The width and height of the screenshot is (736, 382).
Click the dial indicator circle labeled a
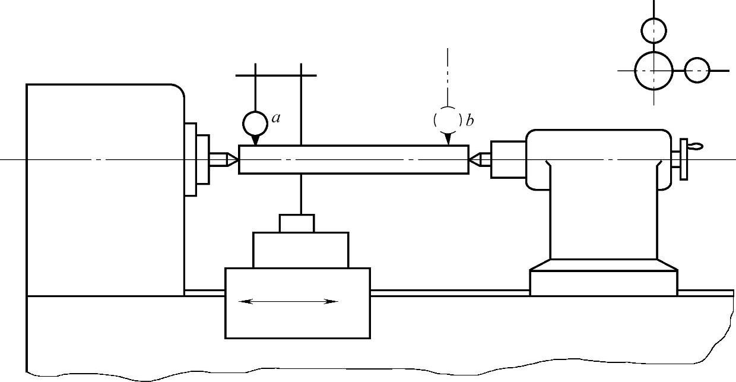255,123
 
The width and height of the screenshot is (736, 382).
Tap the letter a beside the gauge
276,118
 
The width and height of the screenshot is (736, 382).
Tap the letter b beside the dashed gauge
469,121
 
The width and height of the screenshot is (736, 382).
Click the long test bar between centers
353,159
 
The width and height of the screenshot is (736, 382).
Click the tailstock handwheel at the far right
684,159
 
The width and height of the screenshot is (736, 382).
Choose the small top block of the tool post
297,223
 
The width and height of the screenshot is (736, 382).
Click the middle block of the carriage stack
300,250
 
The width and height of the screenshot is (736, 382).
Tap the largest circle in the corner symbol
653,70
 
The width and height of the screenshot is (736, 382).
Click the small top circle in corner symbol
654,29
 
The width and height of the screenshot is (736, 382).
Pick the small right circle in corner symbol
697,70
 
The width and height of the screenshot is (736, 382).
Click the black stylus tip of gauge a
255,140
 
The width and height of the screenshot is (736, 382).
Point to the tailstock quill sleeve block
507,159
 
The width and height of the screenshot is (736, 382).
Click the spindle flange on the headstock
191,159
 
